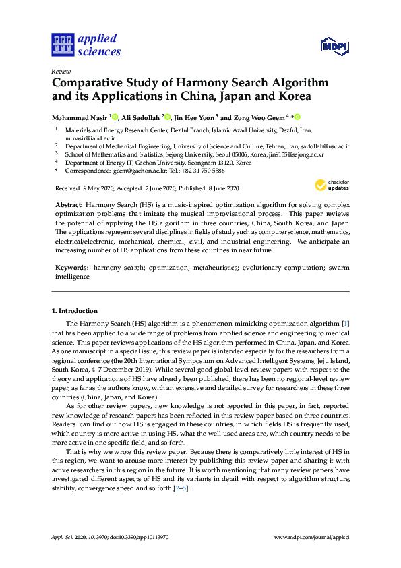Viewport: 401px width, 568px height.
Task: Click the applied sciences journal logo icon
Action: [62, 45]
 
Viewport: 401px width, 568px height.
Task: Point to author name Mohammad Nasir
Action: [80, 117]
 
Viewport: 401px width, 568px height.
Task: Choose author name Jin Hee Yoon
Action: [195, 117]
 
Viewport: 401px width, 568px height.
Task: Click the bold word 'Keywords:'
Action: [71, 268]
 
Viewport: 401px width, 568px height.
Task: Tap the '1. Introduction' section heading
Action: [74, 310]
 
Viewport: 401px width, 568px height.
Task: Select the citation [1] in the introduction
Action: [346, 324]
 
